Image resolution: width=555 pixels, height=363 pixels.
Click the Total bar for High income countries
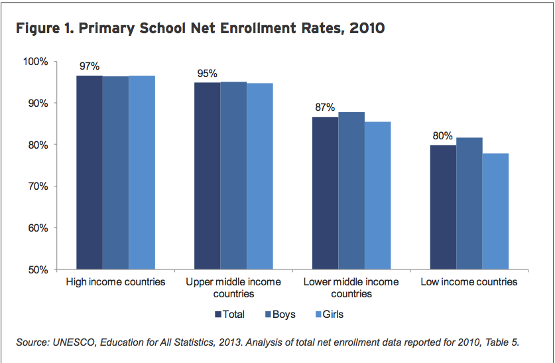pos(89,173)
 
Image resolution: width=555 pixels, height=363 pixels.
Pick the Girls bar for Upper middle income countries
pos(259,176)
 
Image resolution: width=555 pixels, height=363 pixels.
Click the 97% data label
pos(89,66)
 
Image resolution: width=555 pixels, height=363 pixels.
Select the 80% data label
pos(443,136)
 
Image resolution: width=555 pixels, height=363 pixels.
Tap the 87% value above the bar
pos(325,108)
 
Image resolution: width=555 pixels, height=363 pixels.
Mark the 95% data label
pos(206,74)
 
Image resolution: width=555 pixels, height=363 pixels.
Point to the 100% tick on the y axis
pos(36,62)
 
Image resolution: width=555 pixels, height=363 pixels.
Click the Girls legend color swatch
pos(320,315)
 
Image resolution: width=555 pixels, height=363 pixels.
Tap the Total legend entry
pos(229,315)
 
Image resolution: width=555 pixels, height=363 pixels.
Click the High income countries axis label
pos(115,282)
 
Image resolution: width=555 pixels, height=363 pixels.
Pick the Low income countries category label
pos(469,282)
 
